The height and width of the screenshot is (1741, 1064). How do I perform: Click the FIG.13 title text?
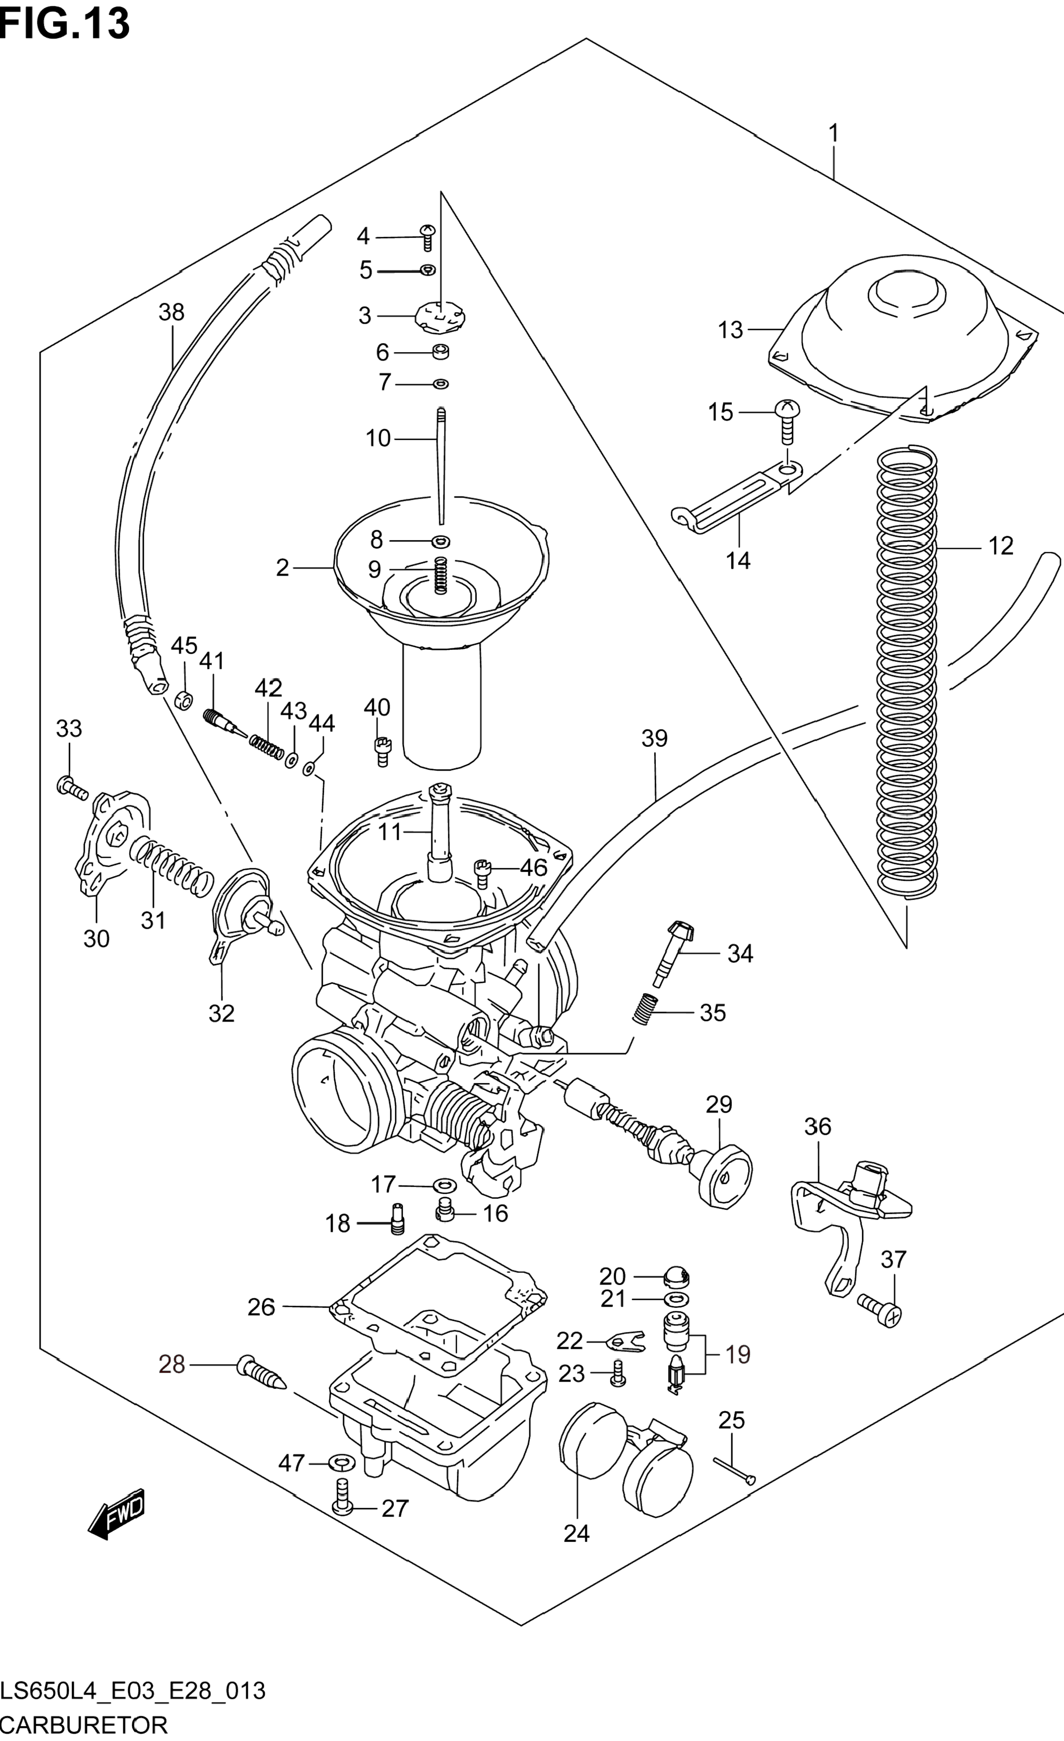[x=65, y=23]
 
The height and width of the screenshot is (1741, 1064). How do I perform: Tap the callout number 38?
[x=171, y=313]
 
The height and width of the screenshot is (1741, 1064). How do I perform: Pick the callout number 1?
[x=834, y=133]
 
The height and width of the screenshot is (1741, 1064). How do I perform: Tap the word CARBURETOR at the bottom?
[x=83, y=1725]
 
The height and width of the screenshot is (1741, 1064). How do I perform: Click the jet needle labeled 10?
[x=441, y=466]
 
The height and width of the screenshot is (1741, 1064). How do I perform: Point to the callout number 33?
[x=69, y=728]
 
